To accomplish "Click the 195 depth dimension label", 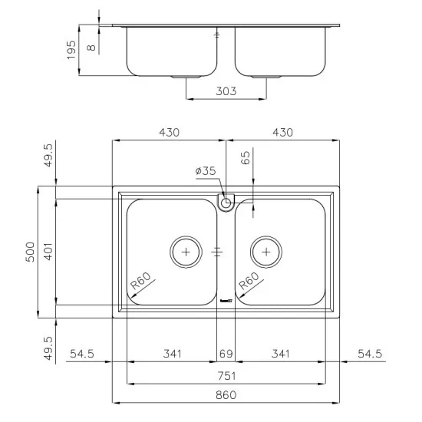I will click(x=71, y=51).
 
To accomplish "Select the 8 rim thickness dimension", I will click(x=91, y=48).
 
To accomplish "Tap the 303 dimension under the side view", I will click(x=225, y=91).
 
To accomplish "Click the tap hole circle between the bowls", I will click(x=226, y=203).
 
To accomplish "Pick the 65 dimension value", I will click(x=246, y=160).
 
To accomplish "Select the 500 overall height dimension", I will click(x=31, y=252).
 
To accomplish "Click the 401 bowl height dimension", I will click(x=48, y=252).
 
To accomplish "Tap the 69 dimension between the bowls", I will click(x=225, y=354).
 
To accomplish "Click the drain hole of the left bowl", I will click(x=184, y=251).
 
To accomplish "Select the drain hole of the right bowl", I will click(x=266, y=251).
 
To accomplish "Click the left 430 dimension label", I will click(x=169, y=132).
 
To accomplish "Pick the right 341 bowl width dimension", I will click(x=281, y=354).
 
